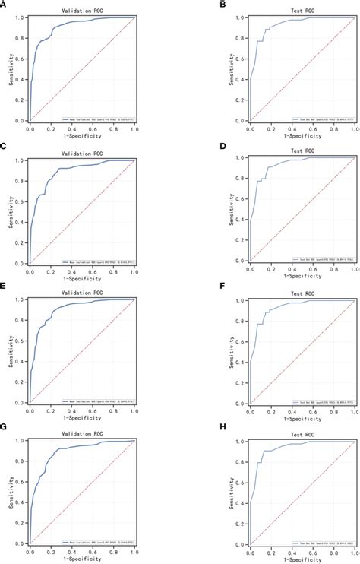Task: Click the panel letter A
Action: [6, 5]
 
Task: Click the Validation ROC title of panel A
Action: [82, 10]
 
